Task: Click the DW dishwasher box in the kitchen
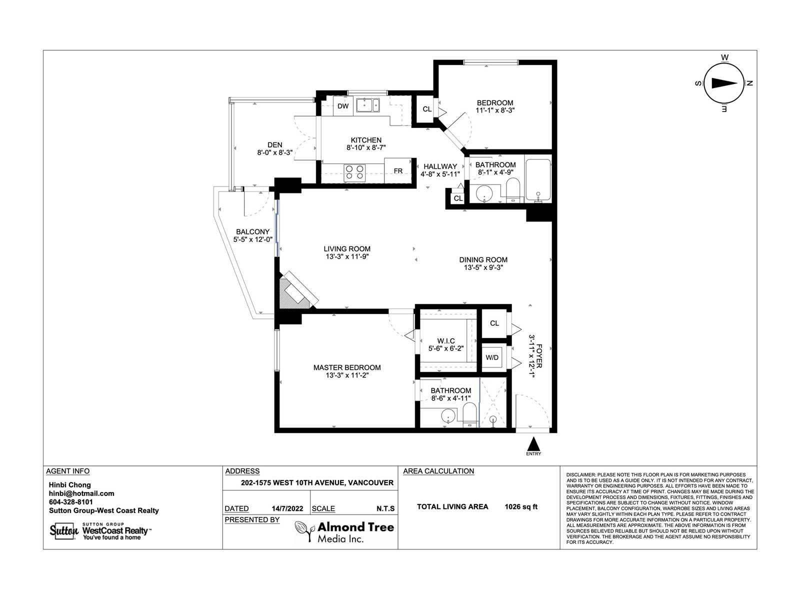click(x=343, y=106)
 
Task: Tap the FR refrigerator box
click(x=398, y=170)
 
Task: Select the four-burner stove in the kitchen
click(x=354, y=173)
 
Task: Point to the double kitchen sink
click(x=367, y=105)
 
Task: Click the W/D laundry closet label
click(x=491, y=357)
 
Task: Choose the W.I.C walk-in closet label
click(x=446, y=341)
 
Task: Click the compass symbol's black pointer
click(x=724, y=83)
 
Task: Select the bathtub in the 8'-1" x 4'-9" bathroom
click(x=538, y=180)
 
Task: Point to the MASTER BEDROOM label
click(x=347, y=367)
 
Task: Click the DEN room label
click(x=275, y=144)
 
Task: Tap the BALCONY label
click(x=252, y=231)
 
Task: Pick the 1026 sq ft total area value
click(x=521, y=506)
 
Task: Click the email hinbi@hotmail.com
click(x=81, y=493)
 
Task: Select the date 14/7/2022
click(x=287, y=508)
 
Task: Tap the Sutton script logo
click(x=64, y=531)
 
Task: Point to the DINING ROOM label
click(x=483, y=259)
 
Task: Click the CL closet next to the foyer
click(x=494, y=323)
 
